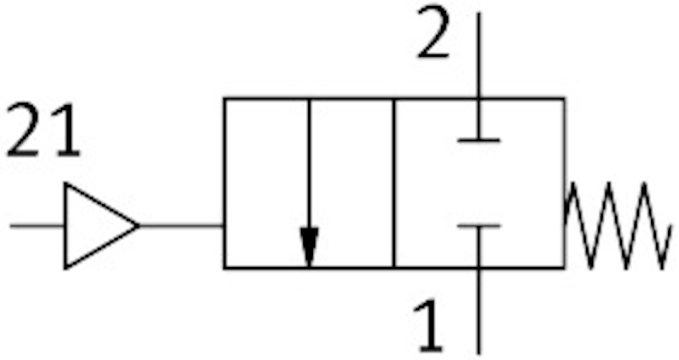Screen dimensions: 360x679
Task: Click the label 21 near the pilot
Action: coord(42,131)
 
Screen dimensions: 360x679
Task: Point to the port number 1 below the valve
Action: coord(428,327)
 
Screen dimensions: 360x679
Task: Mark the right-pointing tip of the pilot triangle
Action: coord(137,225)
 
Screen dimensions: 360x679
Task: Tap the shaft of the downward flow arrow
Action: coord(309,164)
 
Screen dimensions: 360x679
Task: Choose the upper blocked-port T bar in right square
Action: coord(479,139)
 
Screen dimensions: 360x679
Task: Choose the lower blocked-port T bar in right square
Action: coord(479,226)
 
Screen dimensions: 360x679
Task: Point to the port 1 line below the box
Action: coord(479,311)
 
